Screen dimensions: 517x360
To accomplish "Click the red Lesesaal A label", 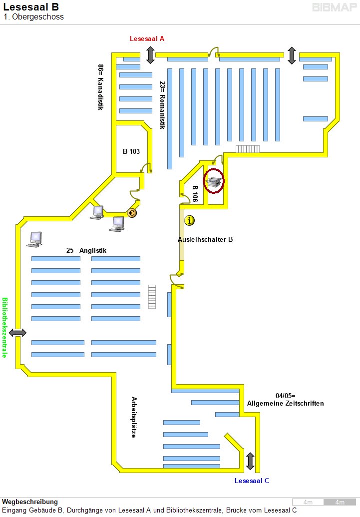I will pyautogui.click(x=147, y=38).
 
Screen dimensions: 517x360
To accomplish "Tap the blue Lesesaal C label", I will pyautogui.click(x=252, y=481).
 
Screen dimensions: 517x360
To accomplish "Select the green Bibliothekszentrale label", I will pyautogui.click(x=5, y=328).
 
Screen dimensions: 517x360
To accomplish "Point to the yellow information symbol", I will pyautogui.click(x=189, y=220).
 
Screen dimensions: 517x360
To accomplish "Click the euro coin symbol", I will pyautogui.click(x=132, y=213).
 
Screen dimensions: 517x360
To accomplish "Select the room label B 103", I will pyautogui.click(x=131, y=151).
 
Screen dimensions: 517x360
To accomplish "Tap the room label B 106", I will pyautogui.click(x=195, y=193).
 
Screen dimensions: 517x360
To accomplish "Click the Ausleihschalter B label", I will pyautogui.click(x=205, y=239).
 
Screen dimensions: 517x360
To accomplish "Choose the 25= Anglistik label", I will pyautogui.click(x=86, y=250).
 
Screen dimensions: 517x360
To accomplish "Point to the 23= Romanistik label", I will pyautogui.click(x=162, y=105).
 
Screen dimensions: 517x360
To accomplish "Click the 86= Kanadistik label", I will pyautogui.click(x=100, y=87).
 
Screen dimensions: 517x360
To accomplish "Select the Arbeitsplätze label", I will pyautogui.click(x=134, y=417).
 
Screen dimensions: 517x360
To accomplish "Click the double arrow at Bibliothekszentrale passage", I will pyautogui.click(x=17, y=332).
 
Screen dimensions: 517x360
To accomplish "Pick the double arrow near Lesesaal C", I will pyautogui.click(x=250, y=461).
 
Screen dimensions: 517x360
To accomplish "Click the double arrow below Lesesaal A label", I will pyautogui.click(x=150, y=54).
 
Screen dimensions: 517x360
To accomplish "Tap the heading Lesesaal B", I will pyautogui.click(x=31, y=7).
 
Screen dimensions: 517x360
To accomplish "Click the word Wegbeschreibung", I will pyautogui.click(x=30, y=502).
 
